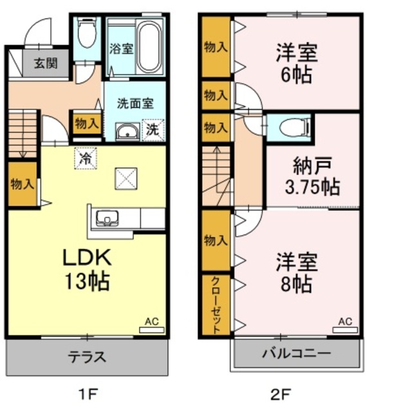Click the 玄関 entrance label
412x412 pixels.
(x=46, y=63)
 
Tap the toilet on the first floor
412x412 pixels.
(x=87, y=32)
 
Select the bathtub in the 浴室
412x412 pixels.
(x=149, y=46)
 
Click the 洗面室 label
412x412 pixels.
(x=135, y=103)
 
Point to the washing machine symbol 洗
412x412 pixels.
(x=153, y=130)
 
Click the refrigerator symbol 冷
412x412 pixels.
(x=86, y=158)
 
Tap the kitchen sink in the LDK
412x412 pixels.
(x=108, y=218)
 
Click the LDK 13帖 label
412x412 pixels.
(x=87, y=269)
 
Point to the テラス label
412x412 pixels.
(x=87, y=357)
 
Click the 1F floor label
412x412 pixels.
(x=88, y=395)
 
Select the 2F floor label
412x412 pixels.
(x=281, y=395)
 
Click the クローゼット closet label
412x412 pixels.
(x=216, y=305)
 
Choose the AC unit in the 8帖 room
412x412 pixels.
(x=345, y=330)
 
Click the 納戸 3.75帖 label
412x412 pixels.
(x=313, y=176)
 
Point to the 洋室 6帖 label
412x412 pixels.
(x=297, y=64)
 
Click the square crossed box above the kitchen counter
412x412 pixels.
(x=126, y=178)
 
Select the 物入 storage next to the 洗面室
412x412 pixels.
(x=87, y=123)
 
